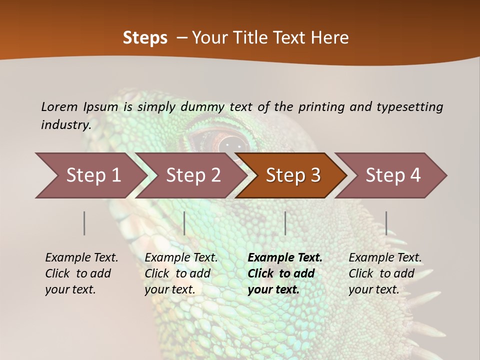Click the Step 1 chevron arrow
92,175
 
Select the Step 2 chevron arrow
193,175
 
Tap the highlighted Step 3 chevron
292,175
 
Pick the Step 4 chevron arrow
392,175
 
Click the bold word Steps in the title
145,38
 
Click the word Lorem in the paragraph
59,106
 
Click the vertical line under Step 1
84,223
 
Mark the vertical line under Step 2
184,223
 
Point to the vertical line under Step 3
285,223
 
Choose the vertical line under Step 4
386,223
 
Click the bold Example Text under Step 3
285,258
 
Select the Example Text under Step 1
81,258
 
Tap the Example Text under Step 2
181,258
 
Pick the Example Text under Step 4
385,258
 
